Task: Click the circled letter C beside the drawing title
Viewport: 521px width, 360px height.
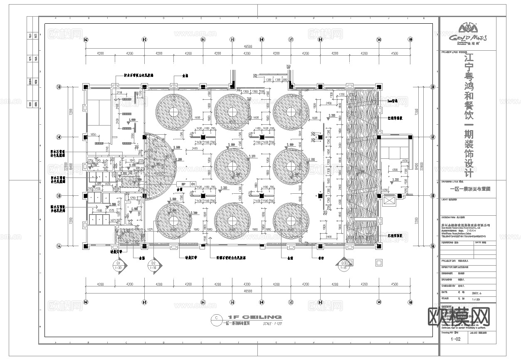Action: tap(215, 318)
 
